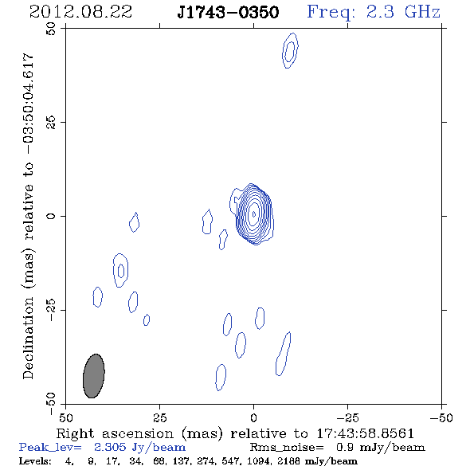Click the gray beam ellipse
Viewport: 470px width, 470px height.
click(94, 376)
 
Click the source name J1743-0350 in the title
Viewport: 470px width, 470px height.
click(228, 13)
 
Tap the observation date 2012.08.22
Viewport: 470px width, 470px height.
click(80, 12)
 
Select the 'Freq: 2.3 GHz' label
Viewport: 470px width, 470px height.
click(374, 13)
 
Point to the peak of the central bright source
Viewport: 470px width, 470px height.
click(254, 213)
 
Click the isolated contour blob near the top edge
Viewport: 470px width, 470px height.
click(290, 51)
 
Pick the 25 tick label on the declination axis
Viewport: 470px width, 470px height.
click(51, 123)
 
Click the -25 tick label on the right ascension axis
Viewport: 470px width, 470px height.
click(347, 417)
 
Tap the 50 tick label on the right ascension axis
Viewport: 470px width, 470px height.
click(65, 417)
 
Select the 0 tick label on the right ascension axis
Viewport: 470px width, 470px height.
click(253, 417)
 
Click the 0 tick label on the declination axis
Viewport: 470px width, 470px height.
click(51, 216)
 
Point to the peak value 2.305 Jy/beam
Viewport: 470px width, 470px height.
click(139, 448)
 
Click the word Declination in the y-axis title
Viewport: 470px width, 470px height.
click(28, 338)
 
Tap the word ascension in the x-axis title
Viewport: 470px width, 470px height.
click(138, 433)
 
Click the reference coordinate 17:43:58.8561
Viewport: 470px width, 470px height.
click(365, 433)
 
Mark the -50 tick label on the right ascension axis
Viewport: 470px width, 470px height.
click(441, 417)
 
